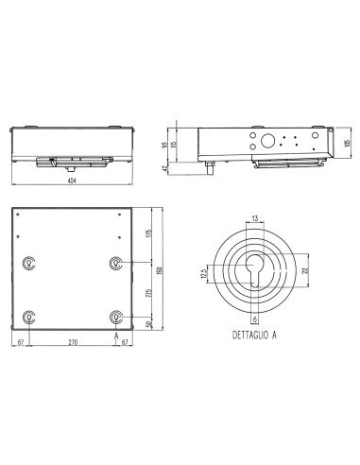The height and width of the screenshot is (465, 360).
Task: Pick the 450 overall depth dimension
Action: point(160,274)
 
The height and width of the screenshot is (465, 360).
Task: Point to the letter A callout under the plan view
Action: point(115,335)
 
